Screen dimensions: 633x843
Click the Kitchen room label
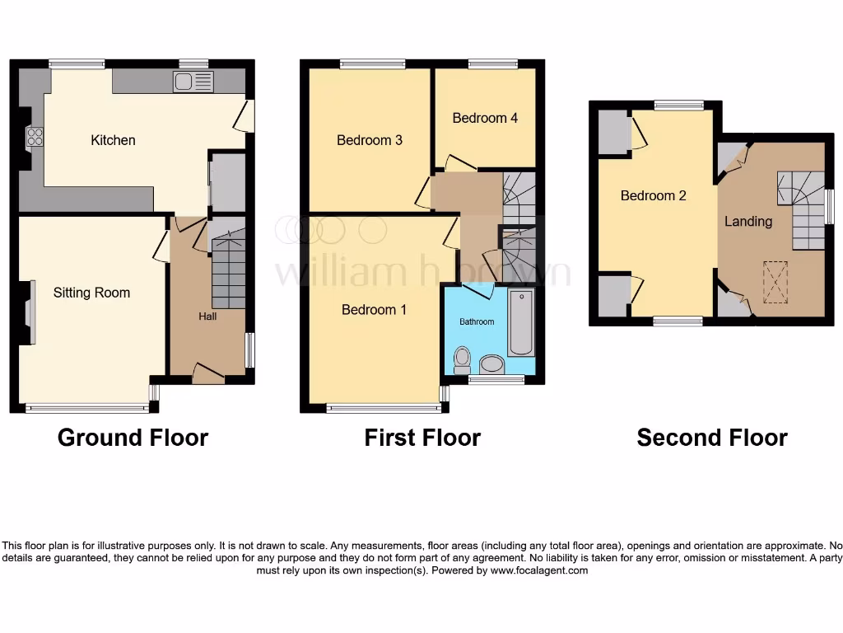113,140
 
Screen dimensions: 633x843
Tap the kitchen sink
193,81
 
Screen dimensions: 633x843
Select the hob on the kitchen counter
35,137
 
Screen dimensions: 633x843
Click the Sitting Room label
91,293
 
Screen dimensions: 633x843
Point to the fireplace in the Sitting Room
30,312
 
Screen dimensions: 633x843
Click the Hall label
207,316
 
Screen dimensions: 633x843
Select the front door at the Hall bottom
208,376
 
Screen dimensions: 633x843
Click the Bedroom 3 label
370,140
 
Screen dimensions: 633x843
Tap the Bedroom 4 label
485,118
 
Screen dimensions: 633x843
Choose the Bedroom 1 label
374,310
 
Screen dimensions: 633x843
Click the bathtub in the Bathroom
520,322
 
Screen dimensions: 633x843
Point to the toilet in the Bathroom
462,359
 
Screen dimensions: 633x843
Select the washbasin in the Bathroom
492,363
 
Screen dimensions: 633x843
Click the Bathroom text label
477,321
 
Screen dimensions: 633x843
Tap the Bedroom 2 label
653,196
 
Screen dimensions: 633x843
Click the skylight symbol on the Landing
775,282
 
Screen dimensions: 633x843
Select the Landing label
748,221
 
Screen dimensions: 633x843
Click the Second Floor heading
711,438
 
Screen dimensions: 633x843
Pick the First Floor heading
422,438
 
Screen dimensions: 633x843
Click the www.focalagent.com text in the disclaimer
538,570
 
